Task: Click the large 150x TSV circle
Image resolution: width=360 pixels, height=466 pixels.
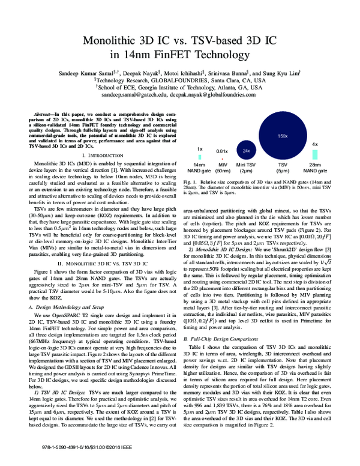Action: click(283, 136)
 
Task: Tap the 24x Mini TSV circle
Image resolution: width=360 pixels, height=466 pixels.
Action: click(246, 150)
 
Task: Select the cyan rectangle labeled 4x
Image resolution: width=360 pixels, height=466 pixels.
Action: click(315, 155)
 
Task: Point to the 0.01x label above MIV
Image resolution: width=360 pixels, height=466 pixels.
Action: click(222, 151)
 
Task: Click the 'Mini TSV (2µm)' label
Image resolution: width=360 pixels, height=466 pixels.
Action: click(246, 167)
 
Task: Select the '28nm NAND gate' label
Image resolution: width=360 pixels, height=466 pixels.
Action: click(315, 167)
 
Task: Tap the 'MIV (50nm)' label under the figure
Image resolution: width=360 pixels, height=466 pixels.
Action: click(222, 167)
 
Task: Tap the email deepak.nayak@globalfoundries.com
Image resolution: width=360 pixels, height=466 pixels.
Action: click(215, 95)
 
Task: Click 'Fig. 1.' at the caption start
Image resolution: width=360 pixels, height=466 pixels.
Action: click(191, 181)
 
